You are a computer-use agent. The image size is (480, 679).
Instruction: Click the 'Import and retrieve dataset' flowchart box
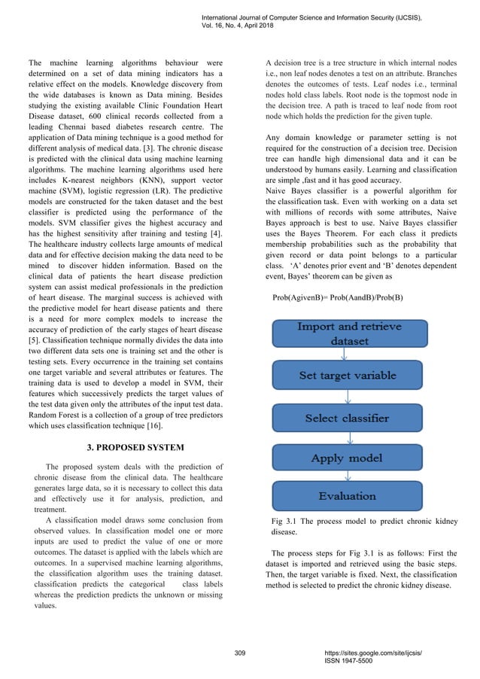tap(350, 334)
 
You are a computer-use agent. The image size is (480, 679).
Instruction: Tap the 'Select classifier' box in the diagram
tap(350, 418)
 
